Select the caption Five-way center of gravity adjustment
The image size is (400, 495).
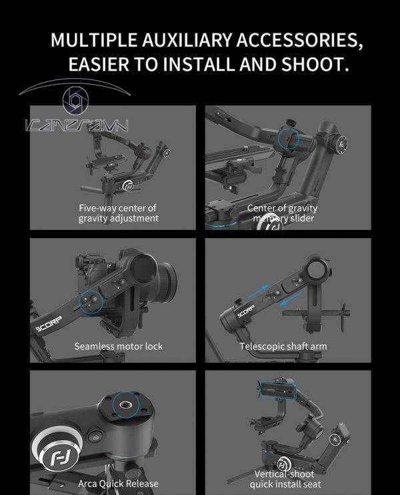click(118, 213)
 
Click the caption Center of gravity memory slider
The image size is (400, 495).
click(282, 213)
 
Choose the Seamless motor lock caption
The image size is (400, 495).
click(118, 346)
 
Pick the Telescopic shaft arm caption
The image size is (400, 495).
click(283, 346)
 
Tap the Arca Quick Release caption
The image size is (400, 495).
click(117, 483)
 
